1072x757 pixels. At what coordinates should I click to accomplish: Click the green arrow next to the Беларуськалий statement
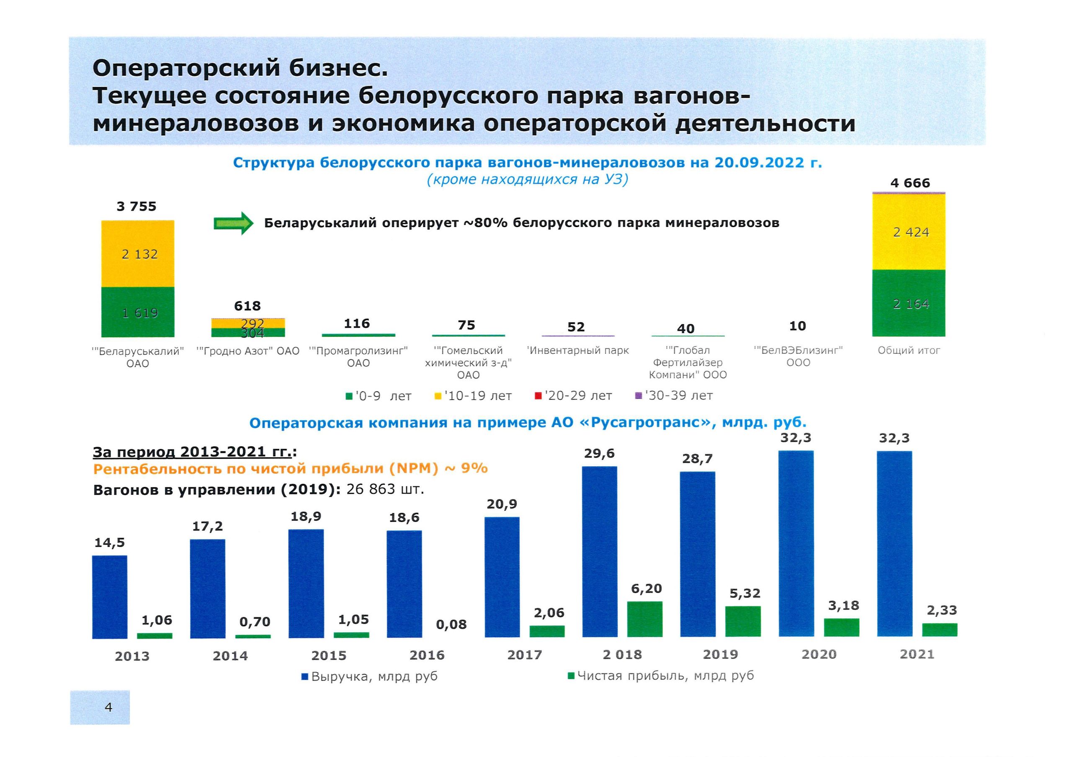point(233,223)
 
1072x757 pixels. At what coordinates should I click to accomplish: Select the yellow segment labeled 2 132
point(138,254)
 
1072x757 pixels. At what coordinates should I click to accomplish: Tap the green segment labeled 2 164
point(909,304)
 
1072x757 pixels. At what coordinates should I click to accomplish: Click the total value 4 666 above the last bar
point(910,183)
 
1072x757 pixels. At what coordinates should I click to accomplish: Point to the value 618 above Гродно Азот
point(247,306)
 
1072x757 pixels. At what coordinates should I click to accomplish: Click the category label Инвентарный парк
point(577,350)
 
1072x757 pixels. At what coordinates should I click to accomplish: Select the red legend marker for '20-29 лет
point(538,396)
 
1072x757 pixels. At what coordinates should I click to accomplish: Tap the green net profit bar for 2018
point(645,619)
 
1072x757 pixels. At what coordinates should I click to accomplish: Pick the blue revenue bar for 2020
point(796,543)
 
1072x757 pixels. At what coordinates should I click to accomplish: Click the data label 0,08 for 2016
point(451,624)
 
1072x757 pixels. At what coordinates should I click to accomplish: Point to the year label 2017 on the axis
point(525,655)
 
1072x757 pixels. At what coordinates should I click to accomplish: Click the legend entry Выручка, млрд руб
point(369,676)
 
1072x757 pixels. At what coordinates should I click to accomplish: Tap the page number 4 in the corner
point(108,707)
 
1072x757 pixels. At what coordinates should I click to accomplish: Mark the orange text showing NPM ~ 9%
point(290,469)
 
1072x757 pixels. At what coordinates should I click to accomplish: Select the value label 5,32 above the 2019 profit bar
point(745,593)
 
